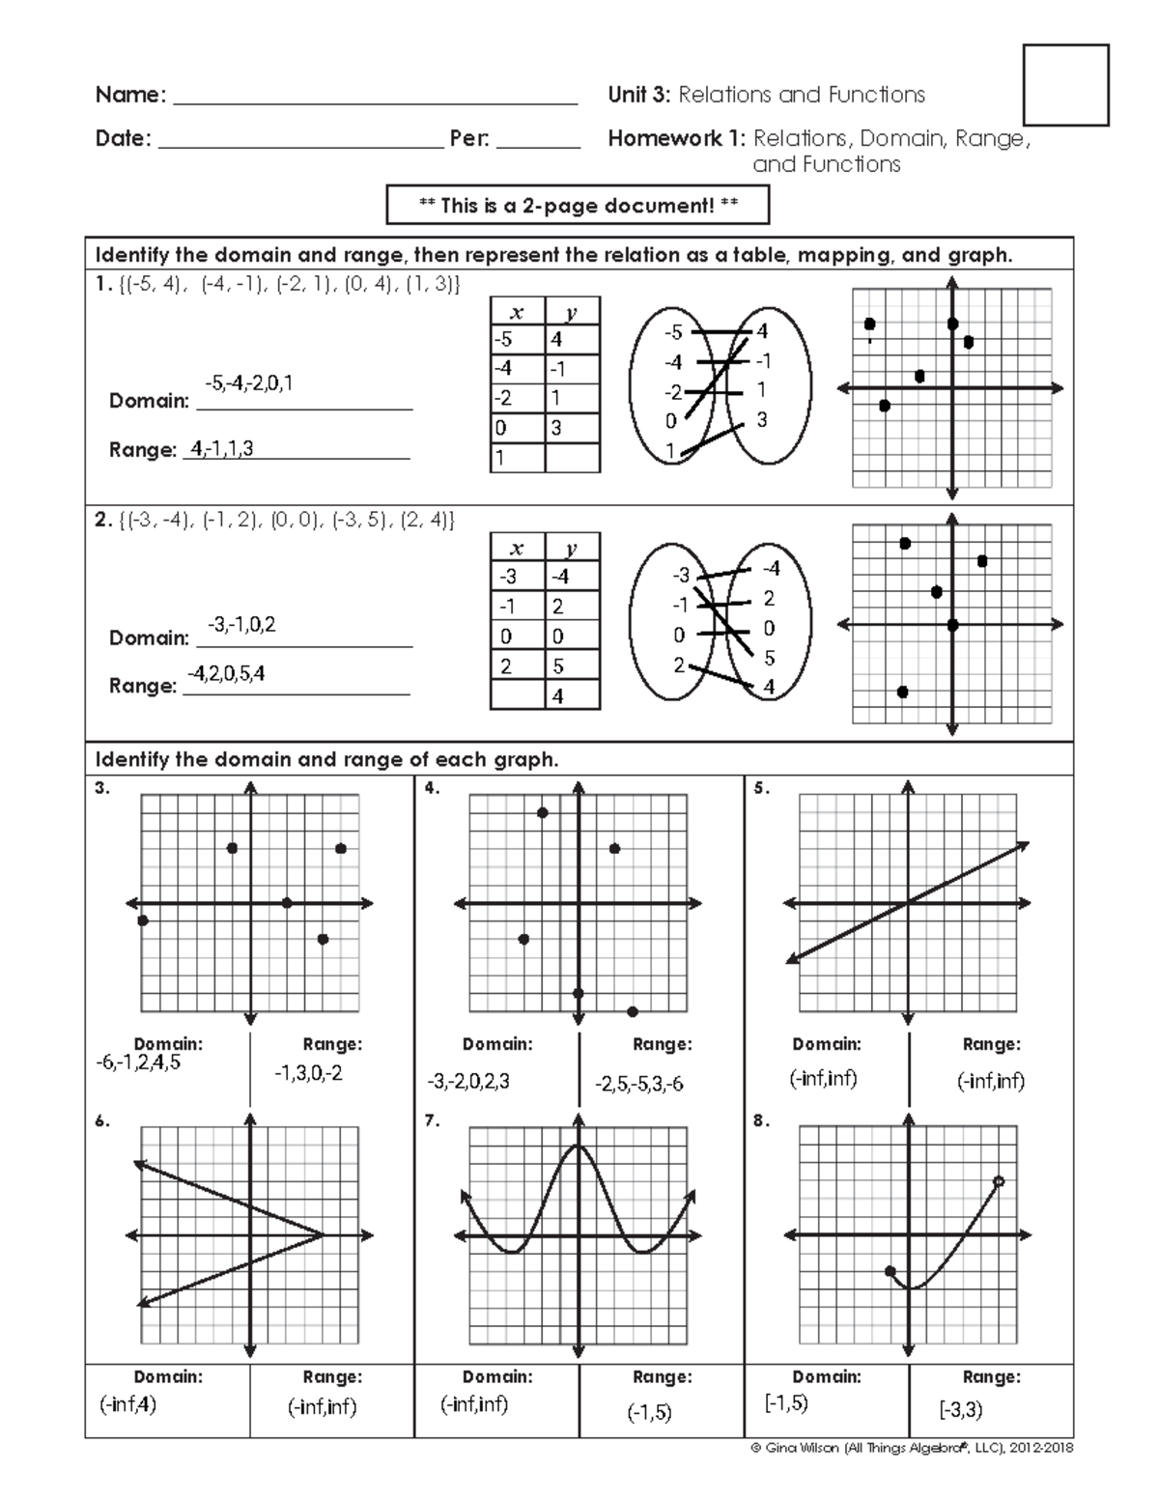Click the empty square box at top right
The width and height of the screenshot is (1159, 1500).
[1065, 85]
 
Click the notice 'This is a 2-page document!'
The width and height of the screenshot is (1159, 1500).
[579, 205]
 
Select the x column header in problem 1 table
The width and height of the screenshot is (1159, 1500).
[517, 312]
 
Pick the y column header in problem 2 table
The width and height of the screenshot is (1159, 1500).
[572, 548]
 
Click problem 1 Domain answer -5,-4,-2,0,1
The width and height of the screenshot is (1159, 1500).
[249, 383]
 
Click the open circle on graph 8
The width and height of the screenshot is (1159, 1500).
[999, 1181]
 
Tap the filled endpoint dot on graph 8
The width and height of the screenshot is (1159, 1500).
[890, 1271]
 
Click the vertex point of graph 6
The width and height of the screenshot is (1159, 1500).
[322, 1234]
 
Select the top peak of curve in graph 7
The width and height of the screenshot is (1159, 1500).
[578, 1146]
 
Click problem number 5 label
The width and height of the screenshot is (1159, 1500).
[761, 788]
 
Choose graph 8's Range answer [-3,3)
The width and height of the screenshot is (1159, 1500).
[961, 1410]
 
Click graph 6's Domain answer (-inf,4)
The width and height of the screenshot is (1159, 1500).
[127, 1404]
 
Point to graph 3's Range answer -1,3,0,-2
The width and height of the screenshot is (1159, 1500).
[308, 1073]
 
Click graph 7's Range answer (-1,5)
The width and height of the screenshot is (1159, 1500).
[649, 1412]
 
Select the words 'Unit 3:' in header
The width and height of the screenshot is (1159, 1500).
[639, 95]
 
